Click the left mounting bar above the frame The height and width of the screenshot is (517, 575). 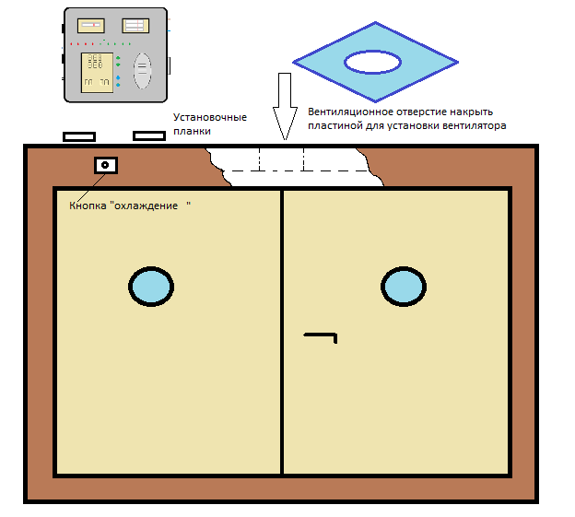(79, 137)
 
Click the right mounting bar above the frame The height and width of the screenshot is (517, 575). (149, 136)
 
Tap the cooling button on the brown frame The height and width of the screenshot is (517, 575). (106, 165)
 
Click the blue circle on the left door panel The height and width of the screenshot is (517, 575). (151, 287)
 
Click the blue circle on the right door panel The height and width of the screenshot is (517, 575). (404, 287)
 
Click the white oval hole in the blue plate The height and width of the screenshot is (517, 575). (372, 62)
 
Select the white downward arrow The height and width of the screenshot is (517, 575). (285, 106)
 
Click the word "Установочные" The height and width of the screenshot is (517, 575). (210, 118)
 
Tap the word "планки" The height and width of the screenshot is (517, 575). (192, 131)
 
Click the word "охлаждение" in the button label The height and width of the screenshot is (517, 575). (147, 206)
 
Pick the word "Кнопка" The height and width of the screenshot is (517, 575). (88, 206)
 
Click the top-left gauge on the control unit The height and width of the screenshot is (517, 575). (91, 25)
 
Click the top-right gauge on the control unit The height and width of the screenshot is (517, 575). (135, 26)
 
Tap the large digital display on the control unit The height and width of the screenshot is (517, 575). (97, 73)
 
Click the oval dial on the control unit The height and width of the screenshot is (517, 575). (142, 71)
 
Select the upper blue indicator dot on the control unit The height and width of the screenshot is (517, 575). (118, 77)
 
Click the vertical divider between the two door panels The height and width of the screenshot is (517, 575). (282, 332)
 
